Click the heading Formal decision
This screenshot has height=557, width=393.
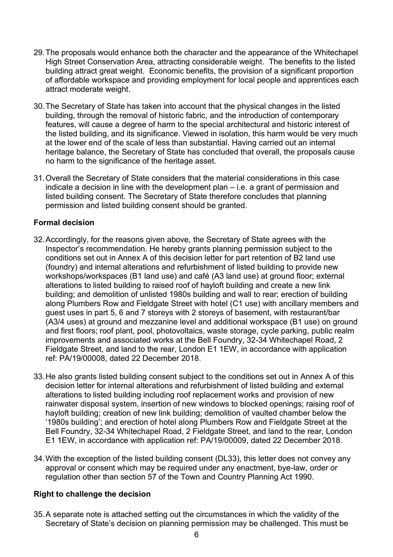tap(64, 223)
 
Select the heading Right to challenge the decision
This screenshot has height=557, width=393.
tap(92, 494)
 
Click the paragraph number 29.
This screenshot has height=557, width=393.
tap(39, 53)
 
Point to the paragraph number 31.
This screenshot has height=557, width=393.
tap(39, 178)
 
